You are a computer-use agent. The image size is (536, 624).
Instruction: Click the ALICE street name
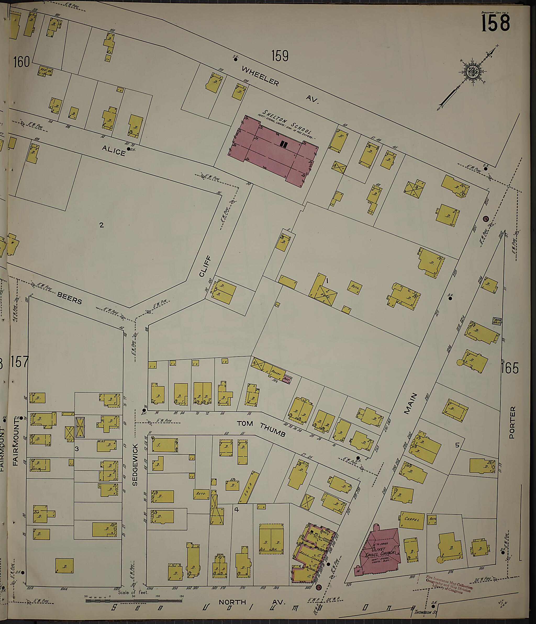pyautogui.click(x=113, y=150)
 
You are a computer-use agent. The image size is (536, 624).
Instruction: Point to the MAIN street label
pyautogui.click(x=411, y=404)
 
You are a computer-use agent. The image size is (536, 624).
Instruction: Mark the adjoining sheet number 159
pyautogui.click(x=280, y=56)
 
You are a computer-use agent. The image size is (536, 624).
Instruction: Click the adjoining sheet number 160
pyautogui.click(x=21, y=62)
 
